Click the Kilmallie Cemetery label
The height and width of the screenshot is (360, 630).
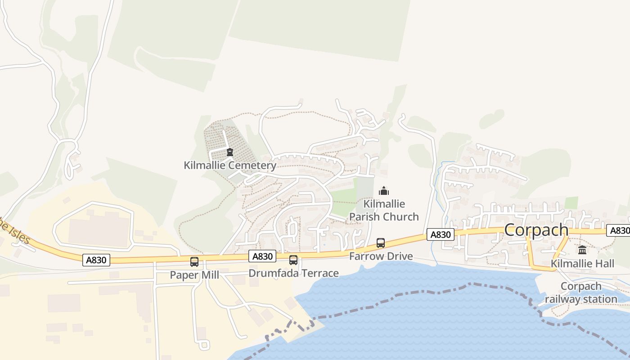click(x=230, y=165)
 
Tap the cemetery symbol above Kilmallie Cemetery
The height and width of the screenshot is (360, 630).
click(x=230, y=152)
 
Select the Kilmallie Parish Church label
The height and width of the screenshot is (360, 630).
click(x=384, y=210)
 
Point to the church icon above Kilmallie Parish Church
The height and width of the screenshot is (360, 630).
click(x=384, y=191)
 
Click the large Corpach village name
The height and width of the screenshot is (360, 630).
click(x=536, y=229)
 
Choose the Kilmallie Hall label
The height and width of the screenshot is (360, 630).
click(x=582, y=263)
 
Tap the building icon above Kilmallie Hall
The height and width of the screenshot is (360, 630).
click(x=582, y=250)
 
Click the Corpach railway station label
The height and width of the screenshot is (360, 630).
click(x=581, y=292)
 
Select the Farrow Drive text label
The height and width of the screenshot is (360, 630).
click(x=381, y=256)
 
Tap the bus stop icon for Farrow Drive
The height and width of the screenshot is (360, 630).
click(x=381, y=243)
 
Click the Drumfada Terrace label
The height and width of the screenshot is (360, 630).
click(x=293, y=273)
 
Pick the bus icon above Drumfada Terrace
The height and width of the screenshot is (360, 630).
click(x=293, y=260)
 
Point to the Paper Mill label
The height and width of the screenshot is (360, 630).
click(x=194, y=274)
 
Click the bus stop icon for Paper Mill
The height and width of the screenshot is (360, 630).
click(x=194, y=262)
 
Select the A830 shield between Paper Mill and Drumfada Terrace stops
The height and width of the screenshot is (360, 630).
click(x=262, y=256)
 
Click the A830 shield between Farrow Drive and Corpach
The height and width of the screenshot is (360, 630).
click(x=440, y=234)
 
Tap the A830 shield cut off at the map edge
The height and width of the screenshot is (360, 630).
click(x=619, y=230)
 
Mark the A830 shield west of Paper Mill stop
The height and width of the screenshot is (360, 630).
click(x=96, y=260)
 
